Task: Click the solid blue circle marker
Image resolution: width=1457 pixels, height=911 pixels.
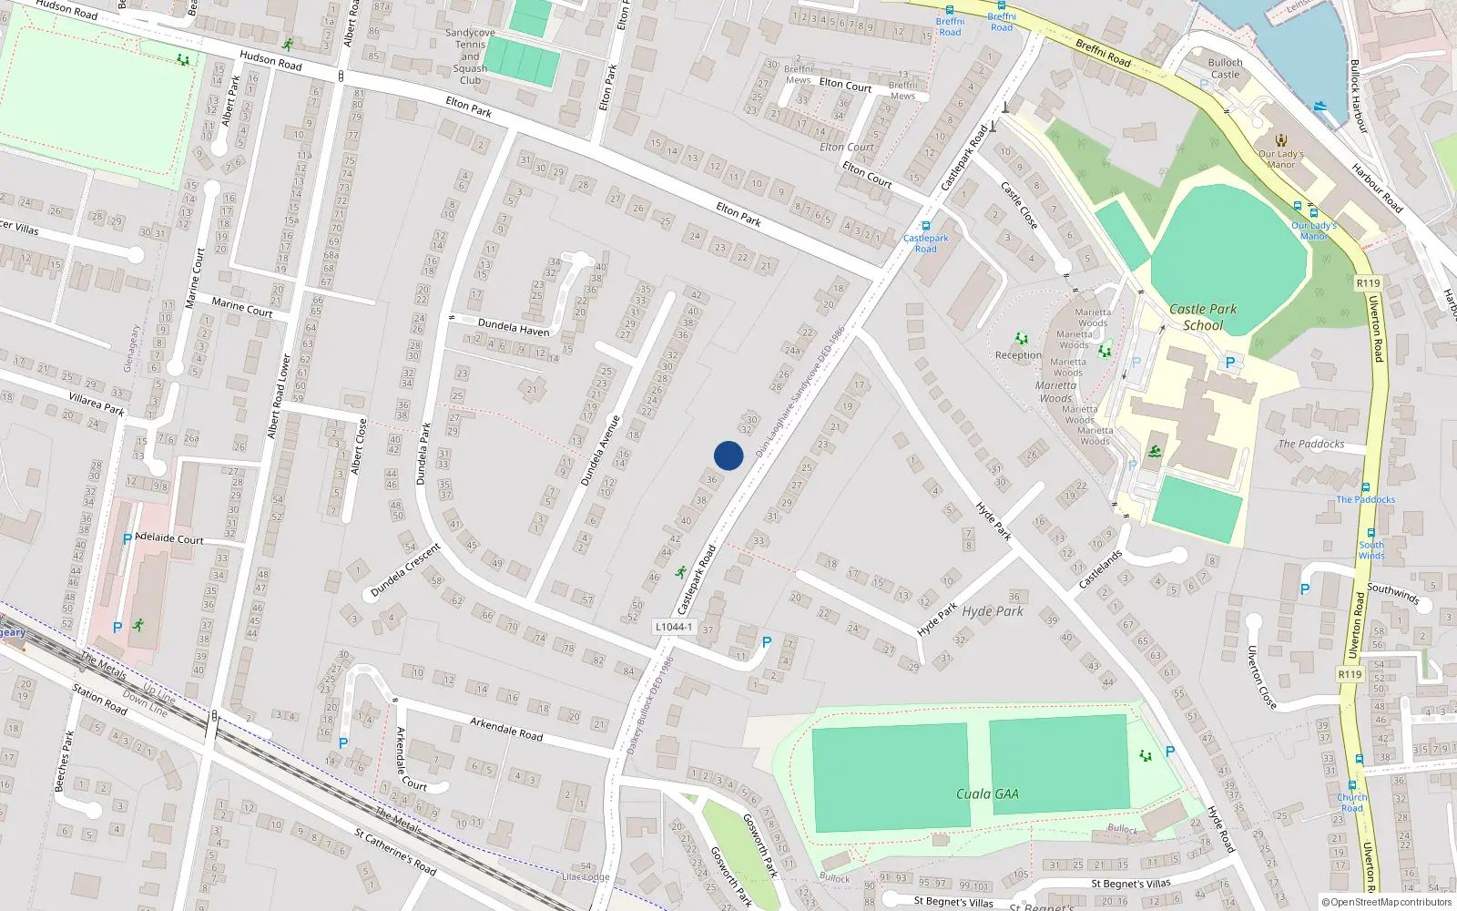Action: pos(728,455)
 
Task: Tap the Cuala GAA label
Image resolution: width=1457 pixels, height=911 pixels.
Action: pos(987,794)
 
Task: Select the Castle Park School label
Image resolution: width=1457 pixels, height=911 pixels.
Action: pos(1203,317)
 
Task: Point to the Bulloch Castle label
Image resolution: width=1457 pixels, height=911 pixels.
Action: pos(1225,68)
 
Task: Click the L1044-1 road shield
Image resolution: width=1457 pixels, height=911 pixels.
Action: pos(674,627)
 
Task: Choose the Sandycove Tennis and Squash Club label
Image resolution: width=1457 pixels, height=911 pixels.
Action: pos(470,56)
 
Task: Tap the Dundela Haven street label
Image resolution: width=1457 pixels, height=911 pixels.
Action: pos(514,327)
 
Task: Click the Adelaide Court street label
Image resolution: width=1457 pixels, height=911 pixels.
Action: pos(169,538)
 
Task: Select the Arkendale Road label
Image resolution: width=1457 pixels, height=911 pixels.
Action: pos(506,728)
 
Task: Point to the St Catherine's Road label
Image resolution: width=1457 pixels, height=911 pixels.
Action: pos(395,851)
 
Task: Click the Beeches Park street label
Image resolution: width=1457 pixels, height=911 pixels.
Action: pos(63,761)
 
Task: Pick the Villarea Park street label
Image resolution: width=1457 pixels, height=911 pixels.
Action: pos(97,404)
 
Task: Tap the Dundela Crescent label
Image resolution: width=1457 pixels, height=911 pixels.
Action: pos(406,570)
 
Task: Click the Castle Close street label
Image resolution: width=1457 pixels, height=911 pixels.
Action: pos(1019,206)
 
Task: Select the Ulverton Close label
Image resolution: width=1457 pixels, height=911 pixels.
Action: pos(1261,677)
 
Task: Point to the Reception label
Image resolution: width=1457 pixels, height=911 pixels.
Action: pos(1018,355)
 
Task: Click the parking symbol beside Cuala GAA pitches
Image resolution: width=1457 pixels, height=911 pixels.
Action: pos(1170,752)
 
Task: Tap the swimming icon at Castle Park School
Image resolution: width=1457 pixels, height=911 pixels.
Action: pos(1155,452)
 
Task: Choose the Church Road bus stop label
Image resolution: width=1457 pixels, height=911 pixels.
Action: pos(1352,803)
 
